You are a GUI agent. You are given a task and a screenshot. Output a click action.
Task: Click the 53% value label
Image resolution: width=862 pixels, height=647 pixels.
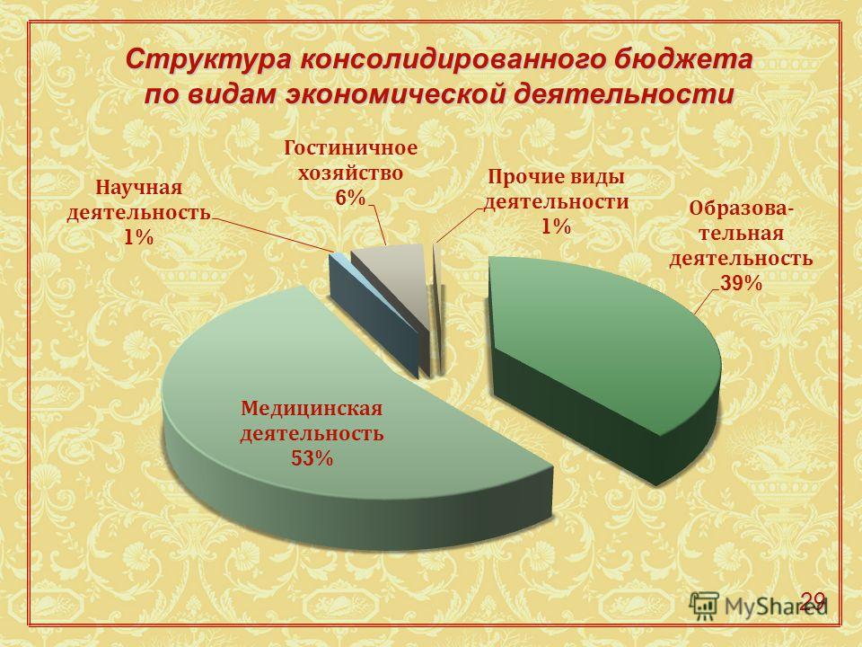point(312,458)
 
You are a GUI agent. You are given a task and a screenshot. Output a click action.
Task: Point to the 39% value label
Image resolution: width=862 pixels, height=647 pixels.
point(741,283)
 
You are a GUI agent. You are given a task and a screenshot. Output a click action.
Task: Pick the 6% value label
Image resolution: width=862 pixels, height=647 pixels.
point(350,198)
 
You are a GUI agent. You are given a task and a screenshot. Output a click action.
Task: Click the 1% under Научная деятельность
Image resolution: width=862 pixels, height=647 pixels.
point(138,237)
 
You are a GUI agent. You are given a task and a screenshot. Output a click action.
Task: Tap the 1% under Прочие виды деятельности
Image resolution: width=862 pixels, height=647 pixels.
point(556,226)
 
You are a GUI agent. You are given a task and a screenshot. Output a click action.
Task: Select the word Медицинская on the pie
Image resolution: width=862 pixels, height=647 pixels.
point(312,409)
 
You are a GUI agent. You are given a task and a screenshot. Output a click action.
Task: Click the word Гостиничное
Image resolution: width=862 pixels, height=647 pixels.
point(351,148)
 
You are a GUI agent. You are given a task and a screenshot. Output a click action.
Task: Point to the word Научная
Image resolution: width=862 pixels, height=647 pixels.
point(138,188)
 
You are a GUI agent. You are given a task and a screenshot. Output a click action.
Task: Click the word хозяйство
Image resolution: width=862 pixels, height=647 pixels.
point(350,173)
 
